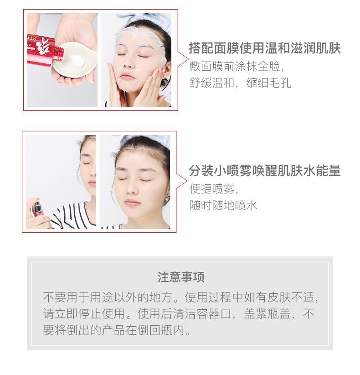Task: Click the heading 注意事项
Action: click(x=181, y=277)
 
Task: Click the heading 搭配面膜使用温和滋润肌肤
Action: click(x=265, y=48)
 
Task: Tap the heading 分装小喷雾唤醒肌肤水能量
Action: click(x=265, y=171)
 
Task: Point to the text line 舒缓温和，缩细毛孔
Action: click(x=240, y=83)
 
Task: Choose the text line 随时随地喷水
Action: click(x=223, y=205)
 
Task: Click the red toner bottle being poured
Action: click(x=46, y=50)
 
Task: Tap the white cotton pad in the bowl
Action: click(x=77, y=62)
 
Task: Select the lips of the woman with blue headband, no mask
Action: click(x=132, y=203)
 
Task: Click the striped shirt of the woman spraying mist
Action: click(x=72, y=216)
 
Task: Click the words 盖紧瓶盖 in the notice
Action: click(x=267, y=313)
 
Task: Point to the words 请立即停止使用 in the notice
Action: click(x=84, y=313)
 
